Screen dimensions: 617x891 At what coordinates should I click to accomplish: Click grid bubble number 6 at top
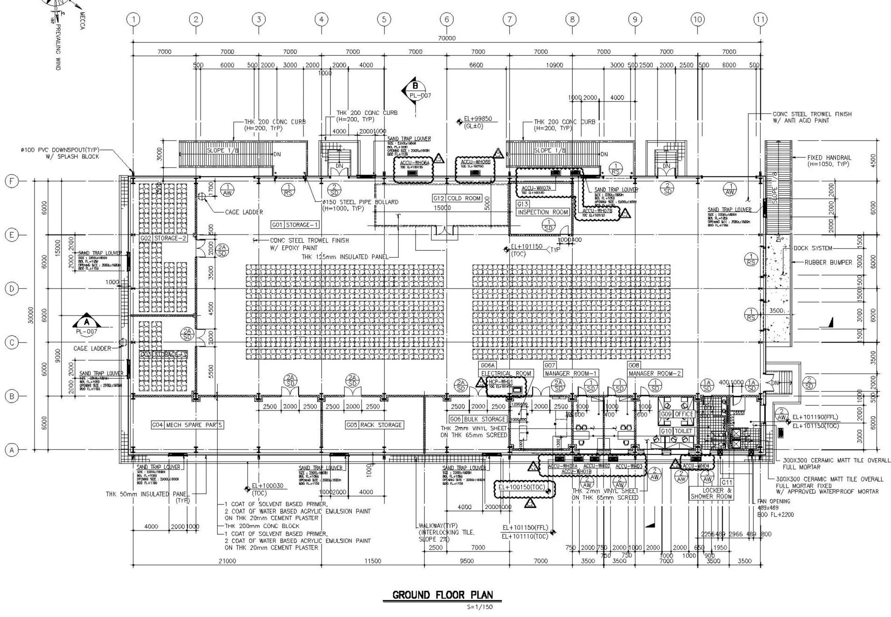pyautogui.click(x=446, y=20)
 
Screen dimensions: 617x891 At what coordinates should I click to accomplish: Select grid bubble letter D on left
pyautogui.click(x=12, y=288)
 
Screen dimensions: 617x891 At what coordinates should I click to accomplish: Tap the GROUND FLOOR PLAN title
pyautogui.click(x=442, y=595)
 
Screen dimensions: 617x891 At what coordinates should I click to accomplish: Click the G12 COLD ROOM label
pyautogui.click(x=457, y=198)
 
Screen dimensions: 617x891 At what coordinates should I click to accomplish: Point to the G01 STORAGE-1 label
pyautogui.click(x=295, y=225)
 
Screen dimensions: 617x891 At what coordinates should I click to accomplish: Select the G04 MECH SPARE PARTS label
pyautogui.click(x=187, y=425)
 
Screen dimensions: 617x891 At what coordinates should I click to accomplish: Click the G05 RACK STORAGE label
pyautogui.click(x=374, y=425)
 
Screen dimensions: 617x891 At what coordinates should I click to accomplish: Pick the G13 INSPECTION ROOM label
pyautogui.click(x=543, y=208)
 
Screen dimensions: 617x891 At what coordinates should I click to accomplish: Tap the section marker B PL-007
pyautogui.click(x=415, y=90)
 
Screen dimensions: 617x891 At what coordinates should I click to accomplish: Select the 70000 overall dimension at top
pyautogui.click(x=447, y=38)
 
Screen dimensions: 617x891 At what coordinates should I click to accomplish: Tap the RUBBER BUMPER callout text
pyautogui.click(x=828, y=262)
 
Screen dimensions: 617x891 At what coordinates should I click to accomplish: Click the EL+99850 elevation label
pyautogui.click(x=478, y=119)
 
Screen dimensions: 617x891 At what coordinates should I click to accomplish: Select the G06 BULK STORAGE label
pyautogui.click(x=477, y=419)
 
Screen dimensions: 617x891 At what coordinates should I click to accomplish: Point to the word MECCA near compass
pyautogui.click(x=82, y=20)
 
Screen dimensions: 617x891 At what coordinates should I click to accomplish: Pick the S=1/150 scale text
pyautogui.click(x=479, y=607)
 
